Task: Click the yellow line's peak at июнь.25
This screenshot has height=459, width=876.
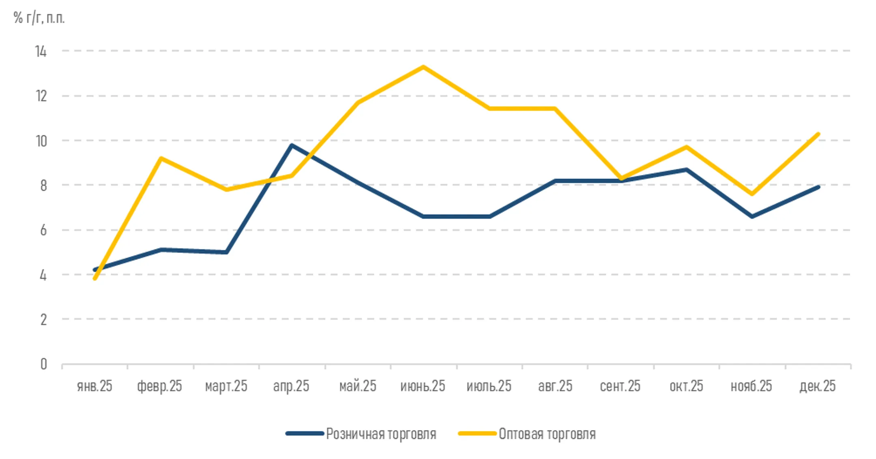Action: [x=423, y=67]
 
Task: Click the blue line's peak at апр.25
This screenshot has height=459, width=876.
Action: [x=292, y=145]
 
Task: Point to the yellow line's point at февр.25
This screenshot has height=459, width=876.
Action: [x=161, y=158]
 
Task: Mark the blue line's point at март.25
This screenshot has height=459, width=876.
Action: [x=226, y=252]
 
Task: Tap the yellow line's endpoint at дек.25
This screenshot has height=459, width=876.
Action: [x=818, y=134]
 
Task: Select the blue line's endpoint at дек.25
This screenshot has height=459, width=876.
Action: [x=818, y=187]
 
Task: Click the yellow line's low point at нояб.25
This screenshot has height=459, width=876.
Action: [x=752, y=194]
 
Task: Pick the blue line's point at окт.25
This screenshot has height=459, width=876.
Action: [x=687, y=169]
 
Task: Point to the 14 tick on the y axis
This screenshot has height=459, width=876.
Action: [x=41, y=51]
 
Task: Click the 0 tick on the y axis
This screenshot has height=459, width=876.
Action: [x=43, y=364]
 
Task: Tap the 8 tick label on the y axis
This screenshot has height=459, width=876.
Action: [x=43, y=186]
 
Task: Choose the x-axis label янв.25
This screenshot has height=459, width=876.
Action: [x=94, y=386]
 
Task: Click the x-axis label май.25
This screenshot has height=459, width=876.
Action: [x=358, y=386]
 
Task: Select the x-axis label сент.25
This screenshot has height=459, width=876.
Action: [x=620, y=386]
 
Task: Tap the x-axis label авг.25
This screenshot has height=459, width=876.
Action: [x=555, y=386]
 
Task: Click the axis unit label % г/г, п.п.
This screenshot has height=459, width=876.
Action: [x=39, y=18]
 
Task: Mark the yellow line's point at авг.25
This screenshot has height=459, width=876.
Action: [x=555, y=109]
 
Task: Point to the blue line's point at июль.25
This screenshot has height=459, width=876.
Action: [x=490, y=217]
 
